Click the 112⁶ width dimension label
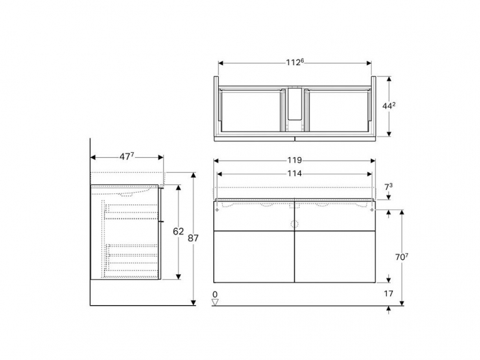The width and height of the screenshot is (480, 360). click(295, 62)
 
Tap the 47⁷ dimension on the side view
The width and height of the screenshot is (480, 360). click(126, 156)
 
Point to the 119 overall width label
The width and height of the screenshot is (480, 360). click(294, 160)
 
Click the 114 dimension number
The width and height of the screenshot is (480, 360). click(294, 173)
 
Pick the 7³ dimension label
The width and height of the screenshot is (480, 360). click(388, 187)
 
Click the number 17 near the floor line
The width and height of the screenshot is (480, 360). click(388, 294)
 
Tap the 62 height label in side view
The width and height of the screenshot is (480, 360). click(178, 232)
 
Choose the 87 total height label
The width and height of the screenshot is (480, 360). click(194, 237)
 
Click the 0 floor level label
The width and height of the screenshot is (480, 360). click(215, 294)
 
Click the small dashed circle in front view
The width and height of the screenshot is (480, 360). click(295, 224)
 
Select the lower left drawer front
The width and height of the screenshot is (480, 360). click(254, 256)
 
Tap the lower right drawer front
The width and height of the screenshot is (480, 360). click(335, 256)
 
